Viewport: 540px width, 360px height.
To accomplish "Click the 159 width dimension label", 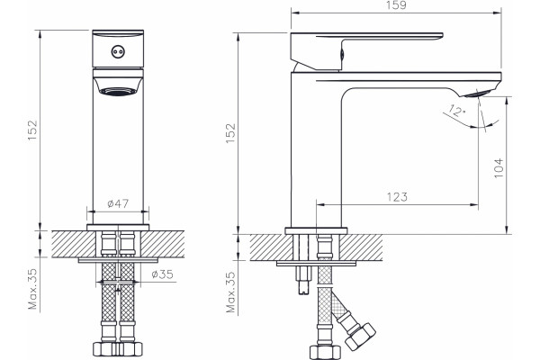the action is click(396, 5).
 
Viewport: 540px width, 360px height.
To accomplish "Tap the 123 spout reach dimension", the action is click(397, 197).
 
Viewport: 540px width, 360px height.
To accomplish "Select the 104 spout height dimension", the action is click(499, 168).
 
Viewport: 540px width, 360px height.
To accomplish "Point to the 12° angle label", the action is click(457, 111).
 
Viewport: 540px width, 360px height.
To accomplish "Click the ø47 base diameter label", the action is click(118, 203).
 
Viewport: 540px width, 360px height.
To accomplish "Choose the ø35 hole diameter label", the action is click(163, 274).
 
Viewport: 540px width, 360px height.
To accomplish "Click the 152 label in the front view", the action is click(32, 130).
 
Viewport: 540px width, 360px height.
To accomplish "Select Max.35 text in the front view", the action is click(32, 289).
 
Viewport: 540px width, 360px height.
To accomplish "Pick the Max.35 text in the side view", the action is click(230, 292).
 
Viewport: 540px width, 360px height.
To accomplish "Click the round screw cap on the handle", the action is click(118, 52).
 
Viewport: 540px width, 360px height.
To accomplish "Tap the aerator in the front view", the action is click(118, 91).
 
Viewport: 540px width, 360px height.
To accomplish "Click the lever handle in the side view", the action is click(366, 51).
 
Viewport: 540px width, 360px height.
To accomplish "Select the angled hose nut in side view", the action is click(359, 337).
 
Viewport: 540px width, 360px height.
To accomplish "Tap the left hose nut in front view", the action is click(105, 348).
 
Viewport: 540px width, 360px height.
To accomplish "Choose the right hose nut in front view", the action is click(130, 348).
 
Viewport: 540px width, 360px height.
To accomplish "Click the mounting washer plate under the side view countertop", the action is click(316, 264).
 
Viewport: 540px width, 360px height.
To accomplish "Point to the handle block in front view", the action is click(118, 49).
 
